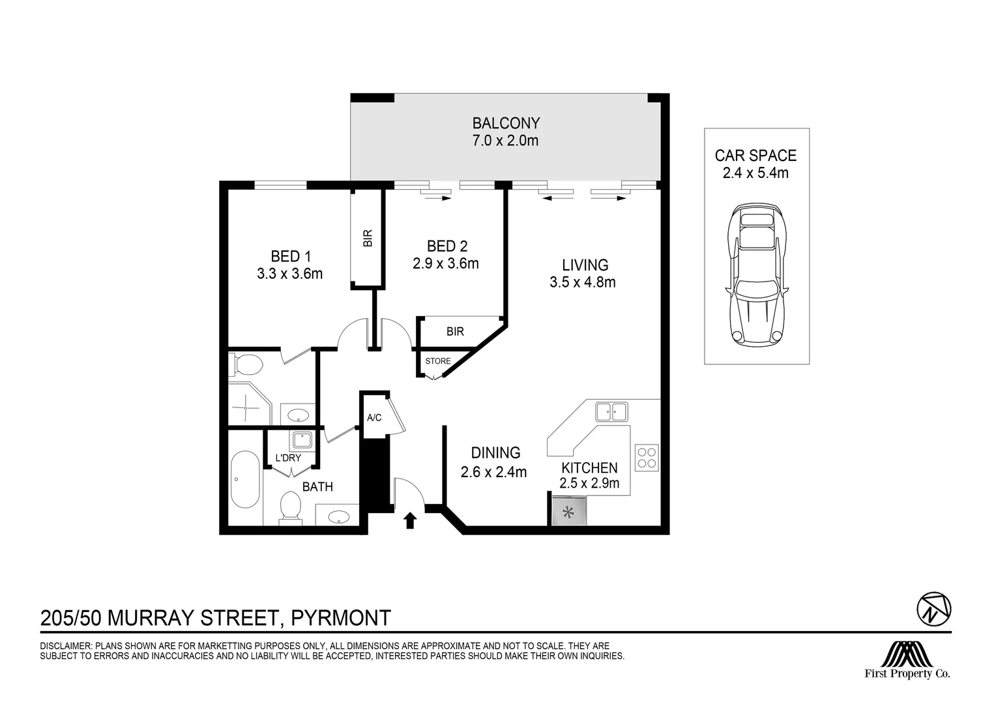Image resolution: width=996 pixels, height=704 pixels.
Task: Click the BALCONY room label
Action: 506,123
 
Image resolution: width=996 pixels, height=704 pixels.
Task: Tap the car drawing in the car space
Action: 756,275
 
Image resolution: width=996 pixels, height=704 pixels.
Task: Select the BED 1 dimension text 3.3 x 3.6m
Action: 290,274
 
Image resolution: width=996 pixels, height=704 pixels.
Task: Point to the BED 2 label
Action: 447,246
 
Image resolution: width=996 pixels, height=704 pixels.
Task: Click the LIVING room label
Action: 585,265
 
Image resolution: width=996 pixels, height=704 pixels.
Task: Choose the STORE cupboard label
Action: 438,361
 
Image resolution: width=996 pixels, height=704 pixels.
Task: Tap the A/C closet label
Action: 374,418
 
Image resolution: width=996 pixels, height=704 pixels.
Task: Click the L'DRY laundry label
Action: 288,458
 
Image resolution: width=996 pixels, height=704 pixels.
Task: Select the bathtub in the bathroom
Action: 245,480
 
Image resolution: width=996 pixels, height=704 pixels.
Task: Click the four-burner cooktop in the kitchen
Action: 647,458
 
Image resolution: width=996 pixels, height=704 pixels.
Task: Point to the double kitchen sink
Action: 612,412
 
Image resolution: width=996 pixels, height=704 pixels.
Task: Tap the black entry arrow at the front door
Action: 410,520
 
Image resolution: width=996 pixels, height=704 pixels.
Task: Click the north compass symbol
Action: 934,609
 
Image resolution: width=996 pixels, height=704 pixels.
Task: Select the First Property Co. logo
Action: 907,660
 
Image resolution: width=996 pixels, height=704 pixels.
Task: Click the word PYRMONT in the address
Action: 341,618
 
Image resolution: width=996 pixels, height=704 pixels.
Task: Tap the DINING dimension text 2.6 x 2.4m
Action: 493,472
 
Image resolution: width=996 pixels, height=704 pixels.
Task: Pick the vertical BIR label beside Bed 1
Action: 368,239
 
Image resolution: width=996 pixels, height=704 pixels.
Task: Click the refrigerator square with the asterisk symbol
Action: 568,512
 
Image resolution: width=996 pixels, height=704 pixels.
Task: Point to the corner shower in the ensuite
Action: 250,403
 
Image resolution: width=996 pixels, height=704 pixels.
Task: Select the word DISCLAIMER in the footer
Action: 65,646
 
